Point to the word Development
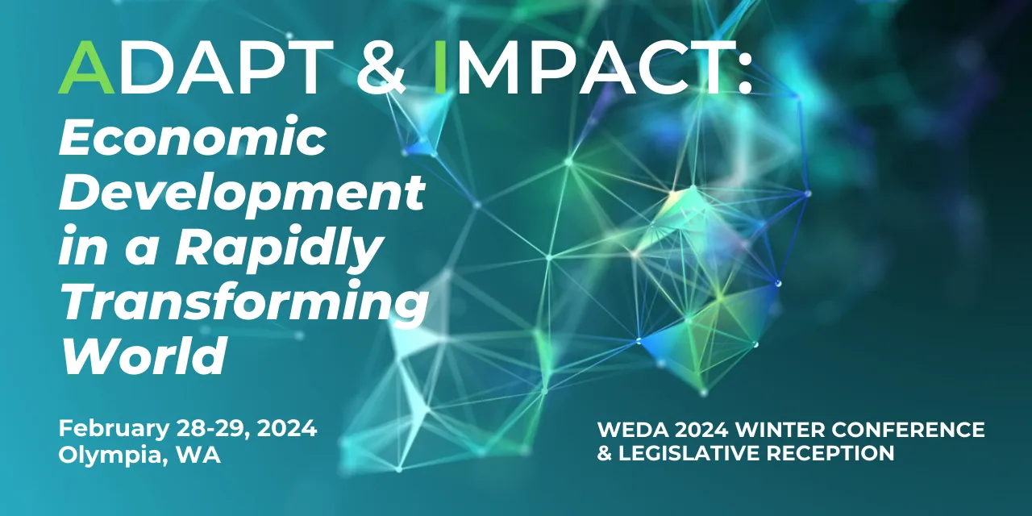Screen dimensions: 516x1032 point(243,194)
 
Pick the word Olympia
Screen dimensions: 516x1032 point(107,455)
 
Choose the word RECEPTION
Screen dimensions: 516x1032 point(830,453)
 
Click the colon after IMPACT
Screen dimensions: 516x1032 point(743,67)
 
